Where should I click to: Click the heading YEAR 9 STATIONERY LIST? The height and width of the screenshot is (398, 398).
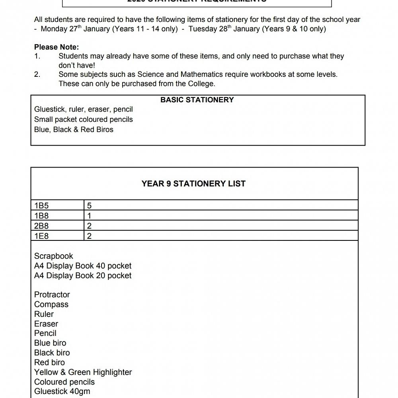click(193, 183)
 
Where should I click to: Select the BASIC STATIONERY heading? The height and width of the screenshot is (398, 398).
click(197, 100)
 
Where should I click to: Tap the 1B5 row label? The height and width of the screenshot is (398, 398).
click(41, 206)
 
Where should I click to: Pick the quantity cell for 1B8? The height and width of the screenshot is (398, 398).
click(90, 216)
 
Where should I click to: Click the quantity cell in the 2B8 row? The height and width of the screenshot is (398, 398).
click(90, 226)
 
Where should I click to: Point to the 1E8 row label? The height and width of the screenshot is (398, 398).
click(41, 236)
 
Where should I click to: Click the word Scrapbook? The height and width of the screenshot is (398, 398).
click(54, 256)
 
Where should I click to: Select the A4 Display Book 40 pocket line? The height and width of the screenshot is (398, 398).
click(83, 266)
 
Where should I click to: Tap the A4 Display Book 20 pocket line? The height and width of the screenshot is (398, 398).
click(83, 275)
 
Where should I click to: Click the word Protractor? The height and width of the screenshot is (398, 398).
click(52, 295)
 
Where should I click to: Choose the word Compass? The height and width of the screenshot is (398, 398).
click(51, 304)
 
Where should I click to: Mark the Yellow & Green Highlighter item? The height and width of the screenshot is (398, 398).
click(83, 372)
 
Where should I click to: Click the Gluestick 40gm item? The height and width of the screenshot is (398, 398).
click(62, 391)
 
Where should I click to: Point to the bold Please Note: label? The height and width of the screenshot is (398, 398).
click(57, 47)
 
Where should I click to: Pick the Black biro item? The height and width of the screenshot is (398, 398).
click(52, 353)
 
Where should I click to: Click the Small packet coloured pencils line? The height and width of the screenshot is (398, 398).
click(84, 119)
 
